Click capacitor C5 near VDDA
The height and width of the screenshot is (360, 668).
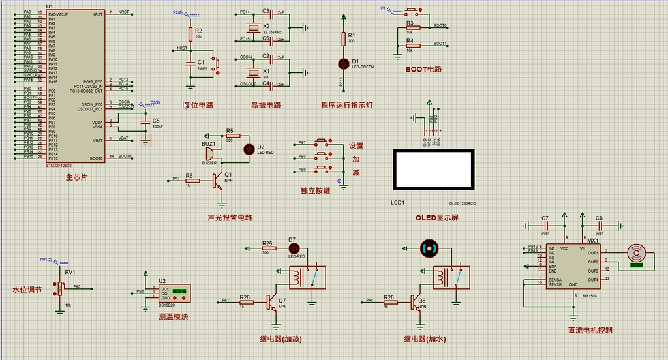click(145, 123)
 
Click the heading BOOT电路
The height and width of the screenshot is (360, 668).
click(423, 68)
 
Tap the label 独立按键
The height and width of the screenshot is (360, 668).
click(315, 191)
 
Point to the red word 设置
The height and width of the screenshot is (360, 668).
click(356, 146)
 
